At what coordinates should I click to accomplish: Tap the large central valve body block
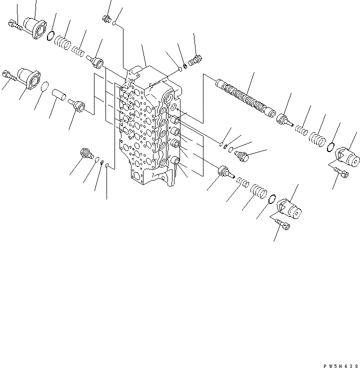pyautogui.click(x=147, y=130)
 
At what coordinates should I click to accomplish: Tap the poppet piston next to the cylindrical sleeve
pyautogui.click(x=76, y=105)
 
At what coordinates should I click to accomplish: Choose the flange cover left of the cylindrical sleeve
pyautogui.click(x=27, y=79)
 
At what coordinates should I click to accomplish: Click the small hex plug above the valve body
pyautogui.click(x=106, y=19)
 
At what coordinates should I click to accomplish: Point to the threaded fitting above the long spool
pyautogui.click(x=195, y=60)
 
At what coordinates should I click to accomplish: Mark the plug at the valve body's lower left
pyautogui.click(x=86, y=154)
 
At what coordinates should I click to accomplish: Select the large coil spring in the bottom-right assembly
pyautogui.click(x=257, y=191)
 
